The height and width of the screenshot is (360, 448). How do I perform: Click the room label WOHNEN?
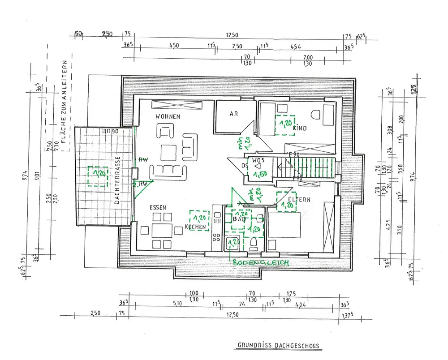click(168, 116)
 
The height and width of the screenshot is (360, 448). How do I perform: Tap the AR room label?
click(234, 114)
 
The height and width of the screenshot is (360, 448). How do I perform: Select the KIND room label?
click(300, 129)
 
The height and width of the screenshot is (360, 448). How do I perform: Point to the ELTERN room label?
click(299, 199)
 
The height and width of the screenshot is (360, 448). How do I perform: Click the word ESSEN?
click(159, 207)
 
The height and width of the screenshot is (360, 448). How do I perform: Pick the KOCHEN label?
click(195, 227)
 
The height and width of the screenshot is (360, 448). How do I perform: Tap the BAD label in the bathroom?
click(237, 220)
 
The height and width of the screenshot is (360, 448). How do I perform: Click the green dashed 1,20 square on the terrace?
click(98, 176)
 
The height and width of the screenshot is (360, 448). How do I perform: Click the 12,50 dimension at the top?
click(232, 35)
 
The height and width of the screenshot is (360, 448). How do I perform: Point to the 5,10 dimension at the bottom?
click(177, 304)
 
